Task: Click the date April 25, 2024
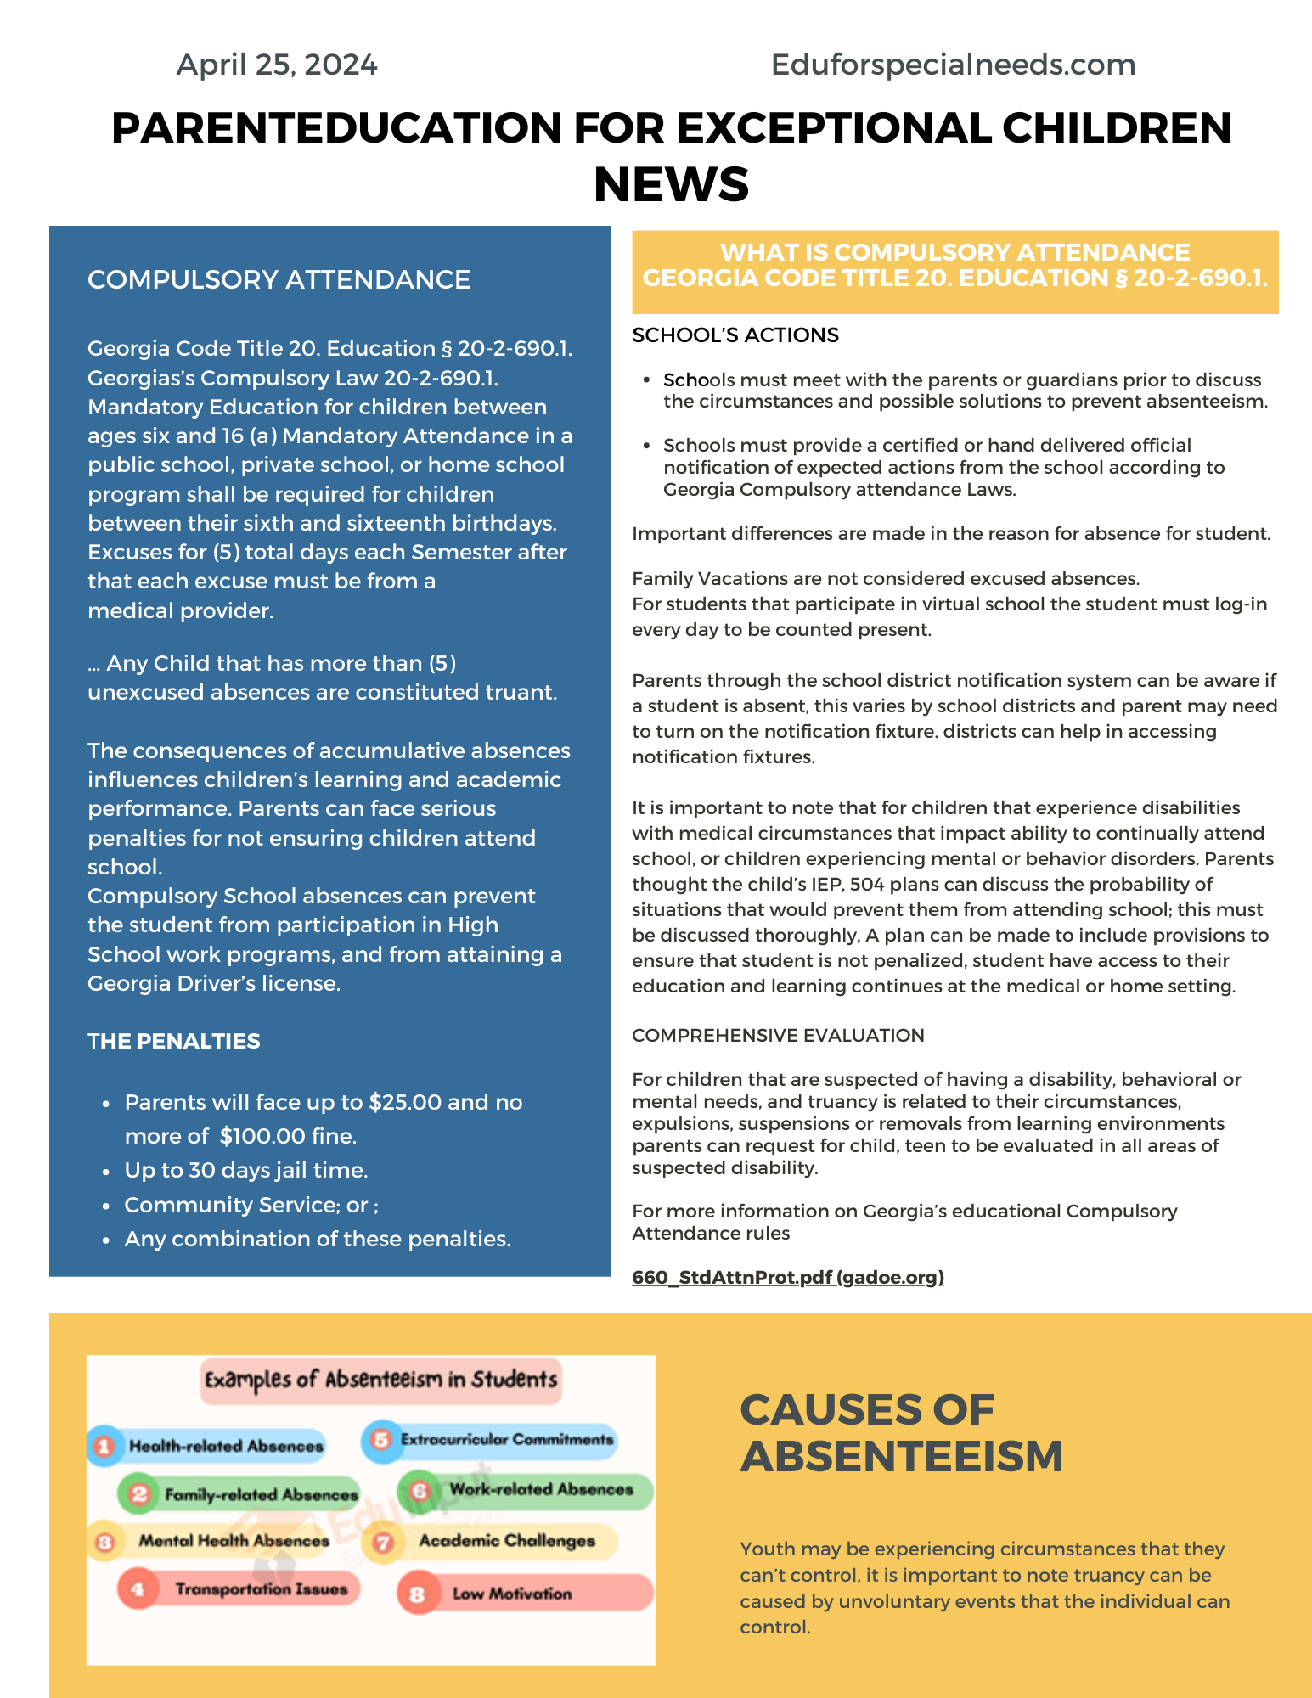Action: pos(277,65)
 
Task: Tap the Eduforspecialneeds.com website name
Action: pos(953,65)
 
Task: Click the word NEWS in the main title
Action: pos(671,185)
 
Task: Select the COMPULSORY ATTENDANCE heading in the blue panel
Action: pos(279,279)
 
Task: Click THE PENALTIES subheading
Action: pos(174,1041)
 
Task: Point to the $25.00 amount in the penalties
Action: pos(405,1102)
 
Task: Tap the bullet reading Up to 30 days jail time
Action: pos(245,1170)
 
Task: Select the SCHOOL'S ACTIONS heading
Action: pos(735,335)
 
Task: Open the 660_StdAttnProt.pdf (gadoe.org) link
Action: pos(788,1277)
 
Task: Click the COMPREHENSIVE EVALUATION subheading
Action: pos(778,1036)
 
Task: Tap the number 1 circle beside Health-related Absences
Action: pos(104,1446)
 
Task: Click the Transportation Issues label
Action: pos(262,1589)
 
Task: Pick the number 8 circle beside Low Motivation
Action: pos(417,1594)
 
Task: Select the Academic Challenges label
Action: pos(507,1541)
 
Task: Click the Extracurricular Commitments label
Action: pos(507,1440)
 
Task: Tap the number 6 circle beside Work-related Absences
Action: pos(420,1491)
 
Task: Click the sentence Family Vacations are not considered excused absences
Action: pos(886,579)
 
